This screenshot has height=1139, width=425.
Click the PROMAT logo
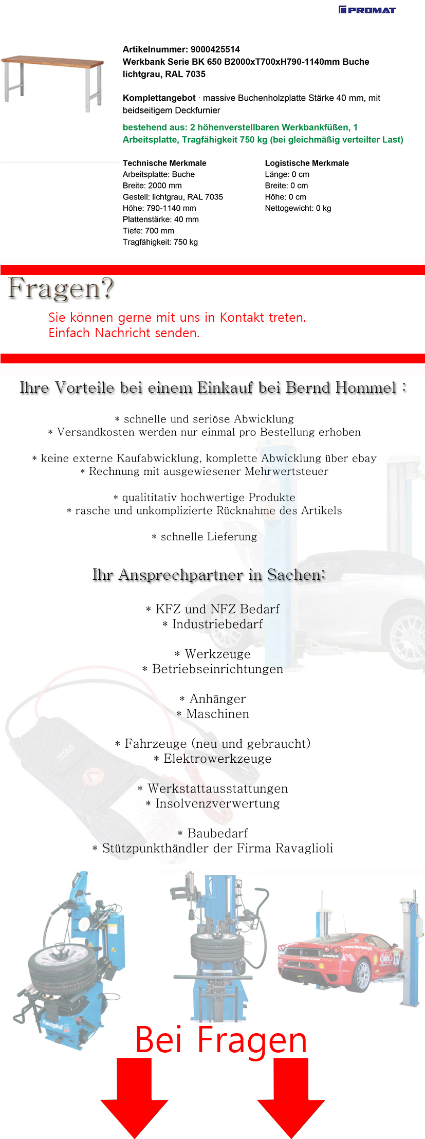(x=367, y=9)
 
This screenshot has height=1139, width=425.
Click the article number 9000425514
(x=215, y=49)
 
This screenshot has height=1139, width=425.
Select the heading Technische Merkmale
(x=164, y=163)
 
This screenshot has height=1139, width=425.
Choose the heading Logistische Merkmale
(x=307, y=163)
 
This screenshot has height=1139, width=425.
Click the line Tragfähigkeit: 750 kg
(x=160, y=242)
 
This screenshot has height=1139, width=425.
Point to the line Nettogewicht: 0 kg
(x=298, y=208)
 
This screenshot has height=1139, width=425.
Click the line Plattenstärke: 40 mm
(x=160, y=219)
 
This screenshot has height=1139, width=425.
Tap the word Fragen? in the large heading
(x=61, y=288)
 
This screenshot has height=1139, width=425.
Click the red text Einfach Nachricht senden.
(x=124, y=333)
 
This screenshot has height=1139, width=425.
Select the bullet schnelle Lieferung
(x=208, y=537)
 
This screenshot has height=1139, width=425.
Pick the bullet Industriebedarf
(x=217, y=624)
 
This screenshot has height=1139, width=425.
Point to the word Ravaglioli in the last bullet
(x=304, y=848)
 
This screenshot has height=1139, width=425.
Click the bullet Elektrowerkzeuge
(x=217, y=759)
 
